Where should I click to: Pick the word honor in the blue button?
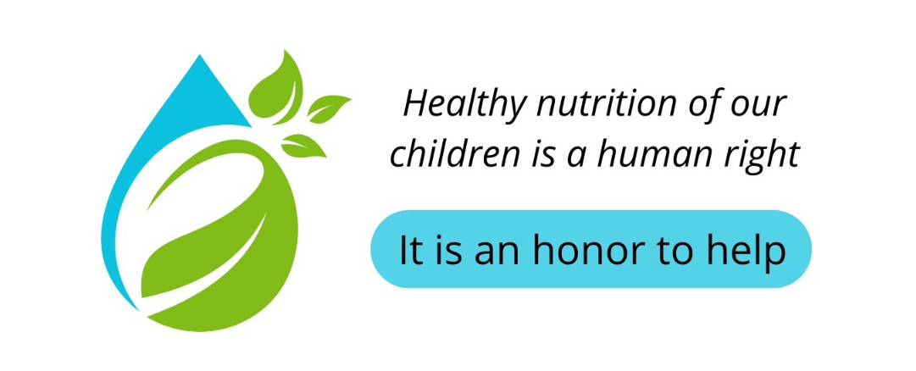coord(589,250)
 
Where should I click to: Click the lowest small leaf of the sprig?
coord(303,146)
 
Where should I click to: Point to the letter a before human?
coord(587,158)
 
